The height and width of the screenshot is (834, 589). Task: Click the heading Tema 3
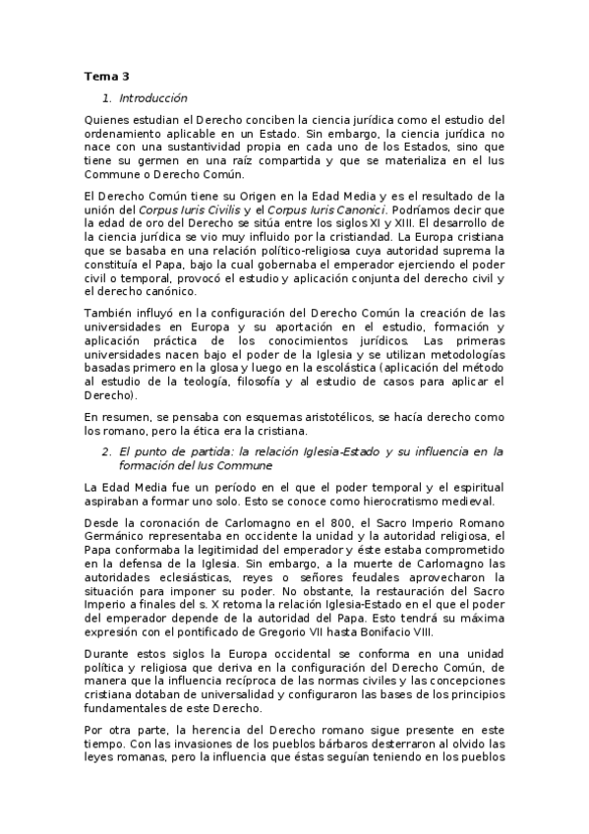tap(106, 76)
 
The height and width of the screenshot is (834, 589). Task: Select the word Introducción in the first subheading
tap(152, 98)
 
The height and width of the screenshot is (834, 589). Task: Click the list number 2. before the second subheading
tap(107, 451)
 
